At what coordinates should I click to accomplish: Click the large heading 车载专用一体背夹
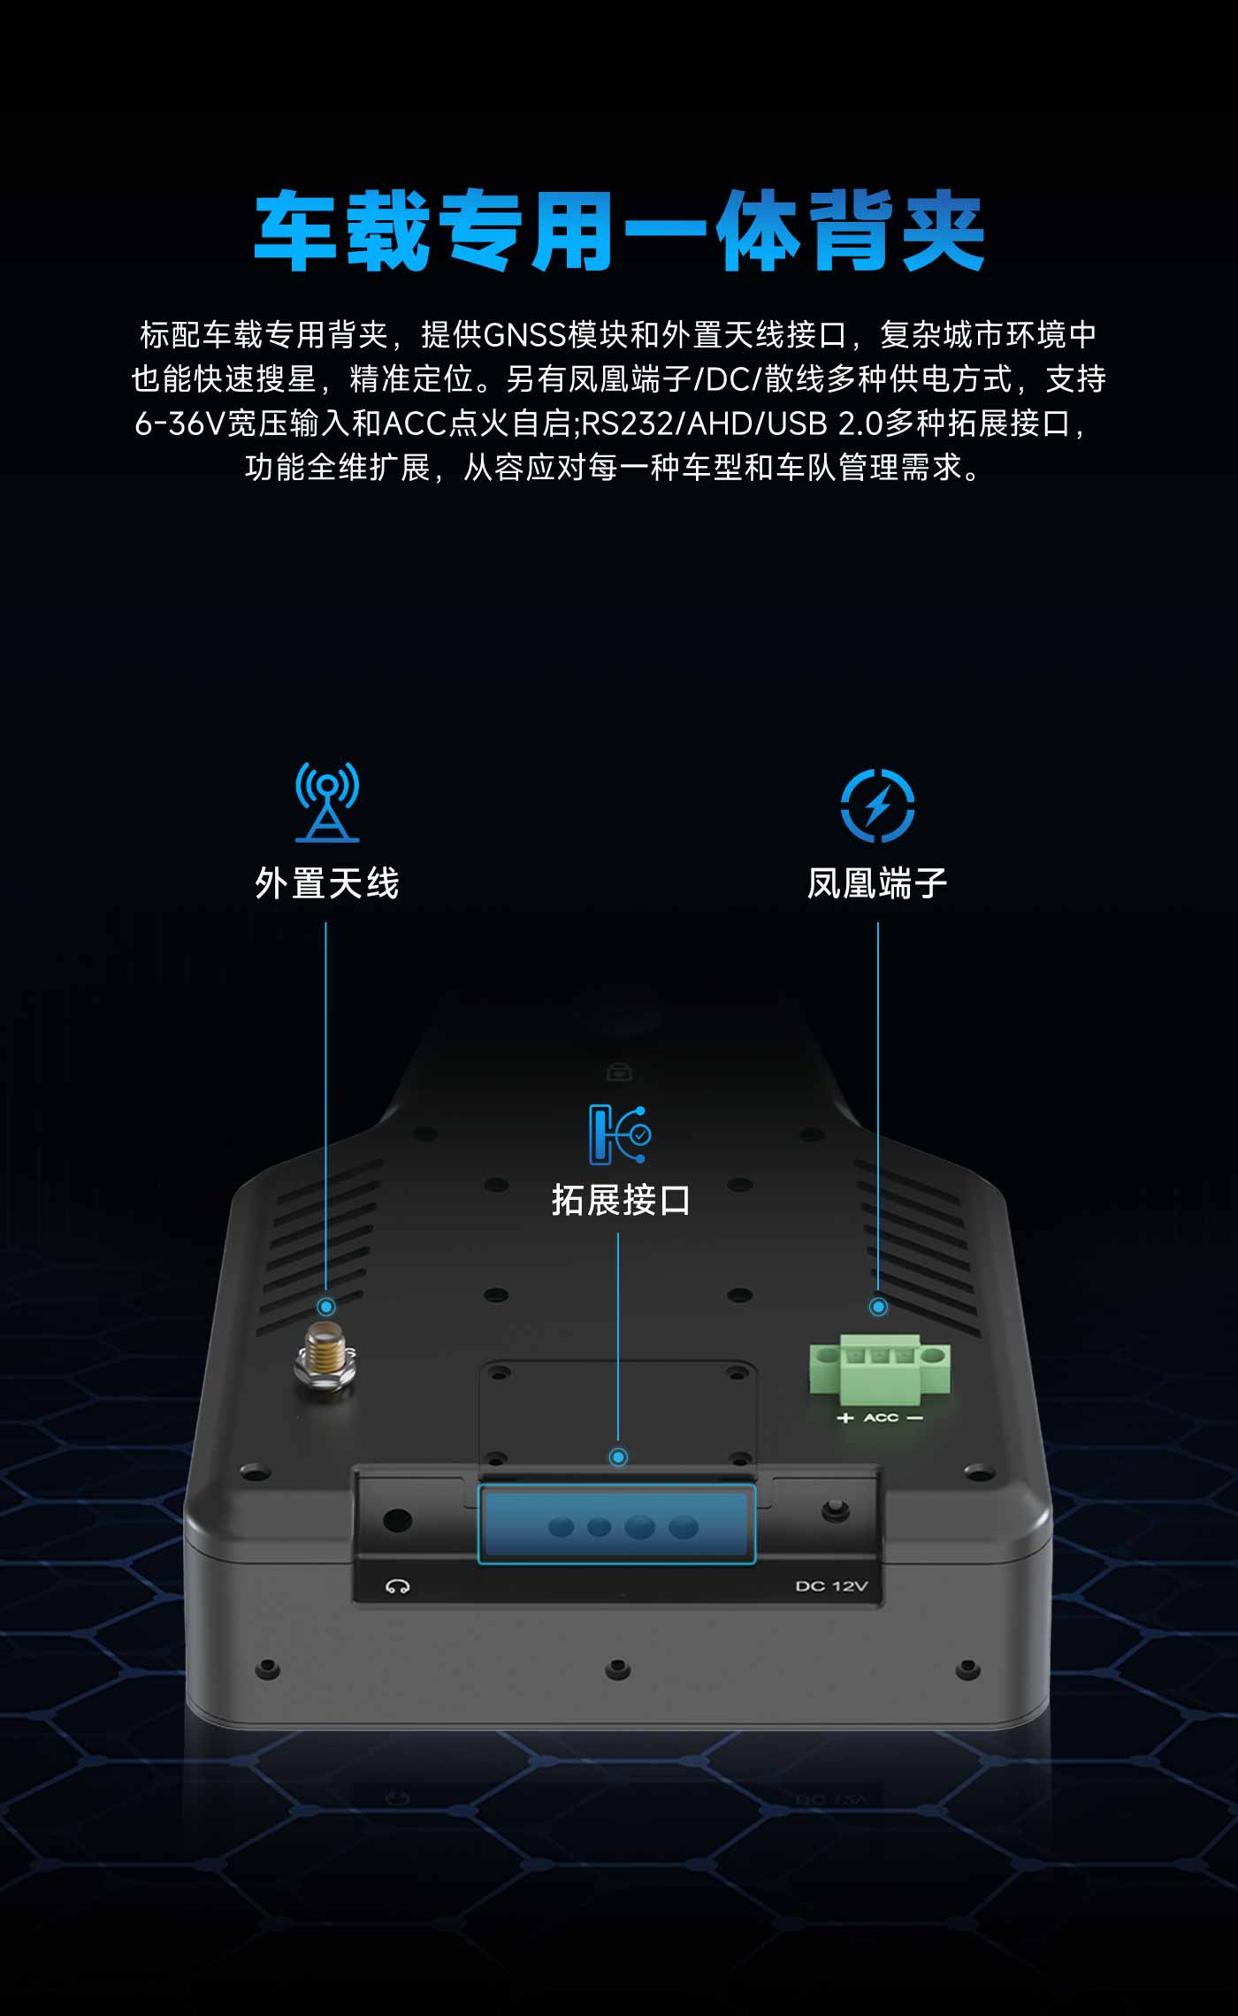click(619, 231)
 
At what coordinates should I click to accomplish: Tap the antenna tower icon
click(327, 801)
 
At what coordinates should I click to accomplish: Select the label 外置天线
click(327, 883)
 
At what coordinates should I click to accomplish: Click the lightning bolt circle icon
click(877, 806)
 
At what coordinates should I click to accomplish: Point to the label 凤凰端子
click(877, 883)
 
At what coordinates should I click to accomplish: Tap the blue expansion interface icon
click(620, 1134)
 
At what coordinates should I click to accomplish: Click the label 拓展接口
click(621, 1200)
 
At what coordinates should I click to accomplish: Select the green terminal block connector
click(880, 1369)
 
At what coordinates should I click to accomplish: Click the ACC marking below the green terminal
click(881, 1417)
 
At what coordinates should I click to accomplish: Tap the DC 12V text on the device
click(831, 1586)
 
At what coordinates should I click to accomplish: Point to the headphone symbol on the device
click(397, 1586)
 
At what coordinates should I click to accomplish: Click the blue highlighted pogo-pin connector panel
click(616, 1524)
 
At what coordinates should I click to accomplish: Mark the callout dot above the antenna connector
click(326, 1307)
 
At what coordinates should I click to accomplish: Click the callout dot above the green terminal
click(878, 1306)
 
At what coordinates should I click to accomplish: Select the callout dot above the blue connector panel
click(618, 1456)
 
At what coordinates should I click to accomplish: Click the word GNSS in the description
click(525, 335)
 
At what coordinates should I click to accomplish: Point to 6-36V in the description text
click(180, 424)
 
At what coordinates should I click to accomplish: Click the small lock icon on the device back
click(619, 1073)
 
